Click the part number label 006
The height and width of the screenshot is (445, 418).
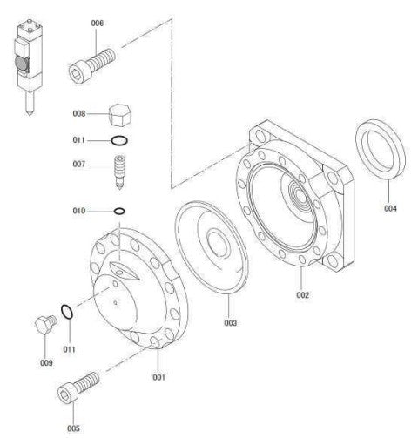click(x=97, y=24)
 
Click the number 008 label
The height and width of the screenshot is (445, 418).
click(x=79, y=113)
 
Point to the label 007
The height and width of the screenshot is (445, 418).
click(x=79, y=164)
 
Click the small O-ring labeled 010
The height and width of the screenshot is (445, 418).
click(x=119, y=210)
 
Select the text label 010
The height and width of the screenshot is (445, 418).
click(x=79, y=211)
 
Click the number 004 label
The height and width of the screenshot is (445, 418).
click(x=392, y=209)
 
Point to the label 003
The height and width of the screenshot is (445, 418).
click(x=230, y=323)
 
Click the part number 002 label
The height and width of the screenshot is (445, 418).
click(x=302, y=295)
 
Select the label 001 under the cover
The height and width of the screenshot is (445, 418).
click(x=159, y=377)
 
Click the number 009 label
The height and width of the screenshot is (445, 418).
click(x=45, y=363)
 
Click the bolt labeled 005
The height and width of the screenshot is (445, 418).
click(x=77, y=387)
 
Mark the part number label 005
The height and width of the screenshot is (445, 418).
click(x=73, y=428)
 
